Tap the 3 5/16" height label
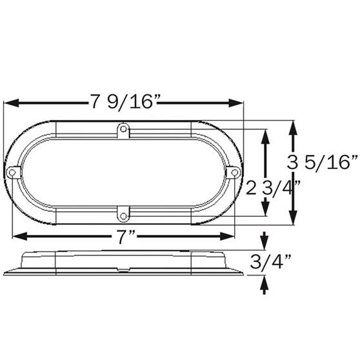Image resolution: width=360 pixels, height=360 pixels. pyautogui.click(x=323, y=162)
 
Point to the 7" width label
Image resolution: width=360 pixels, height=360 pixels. pyautogui.click(x=126, y=237)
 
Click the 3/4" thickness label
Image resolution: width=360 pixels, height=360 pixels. pyautogui.click(x=270, y=261)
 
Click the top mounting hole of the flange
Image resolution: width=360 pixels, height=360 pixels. pyautogui.click(x=123, y=129)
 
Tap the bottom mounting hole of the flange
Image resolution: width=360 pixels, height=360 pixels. pyautogui.click(x=123, y=216)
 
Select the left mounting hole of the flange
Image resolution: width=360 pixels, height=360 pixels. pyautogui.click(x=12, y=172)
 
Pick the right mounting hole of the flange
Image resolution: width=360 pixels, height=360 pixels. pyautogui.click(x=234, y=172)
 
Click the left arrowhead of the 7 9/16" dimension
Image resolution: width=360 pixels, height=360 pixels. pyautogui.click(x=11, y=103)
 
